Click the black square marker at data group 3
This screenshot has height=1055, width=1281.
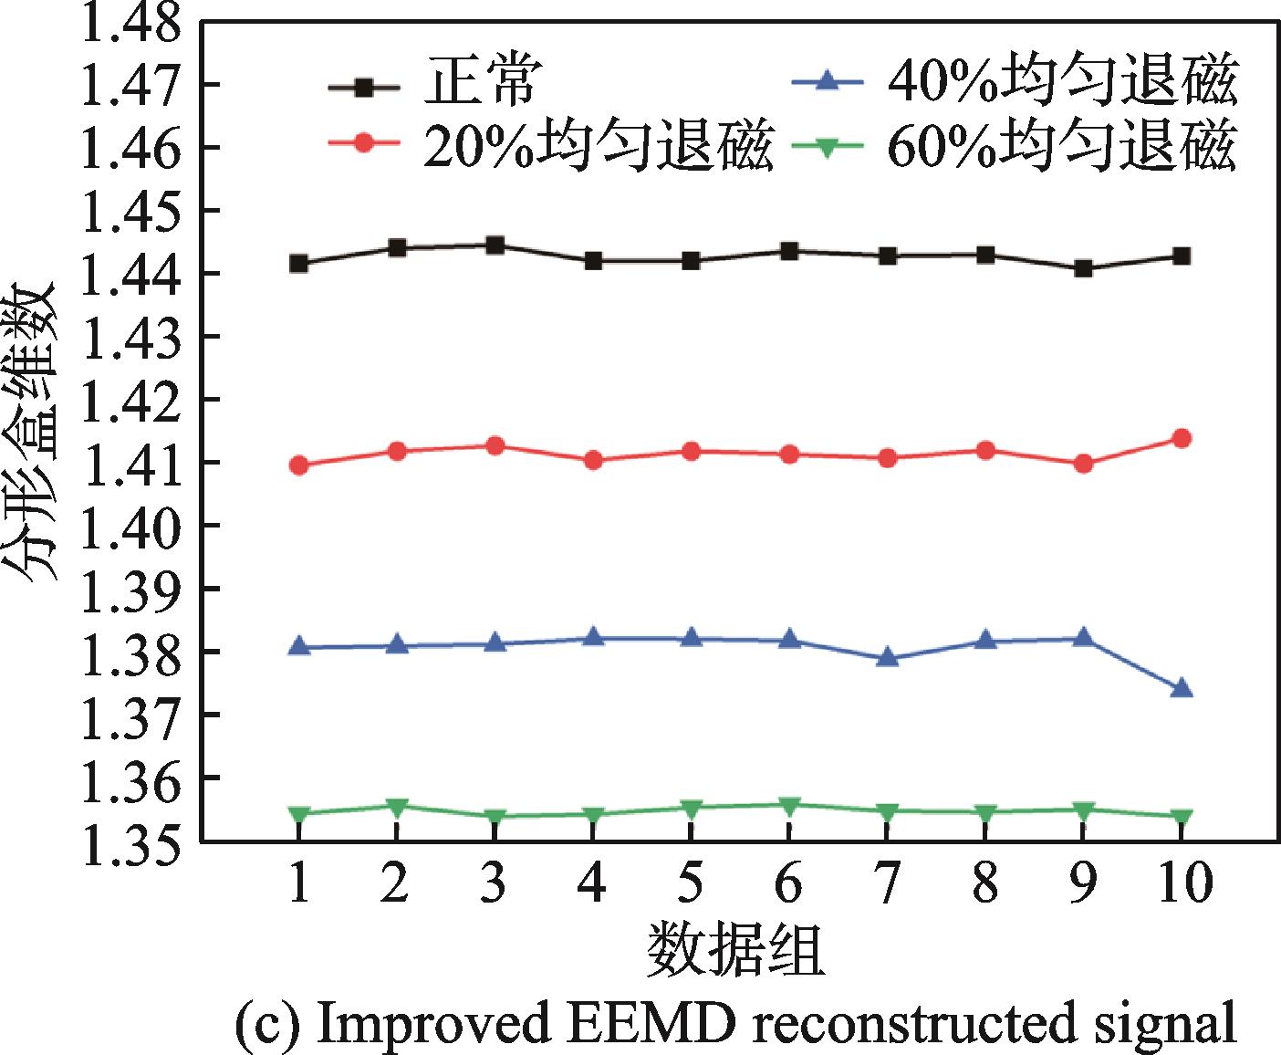(x=495, y=245)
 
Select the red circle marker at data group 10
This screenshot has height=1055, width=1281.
(x=1182, y=438)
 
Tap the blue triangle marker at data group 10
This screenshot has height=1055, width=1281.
(x=1182, y=688)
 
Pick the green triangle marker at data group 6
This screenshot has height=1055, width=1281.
(x=789, y=805)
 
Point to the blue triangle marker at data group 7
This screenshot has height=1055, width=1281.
(x=887, y=657)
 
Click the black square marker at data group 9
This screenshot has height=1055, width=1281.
(x=1083, y=268)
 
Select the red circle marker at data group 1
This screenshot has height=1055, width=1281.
(x=298, y=465)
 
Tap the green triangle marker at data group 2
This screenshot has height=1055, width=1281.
(x=396, y=807)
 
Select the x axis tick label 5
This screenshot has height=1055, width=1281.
(x=691, y=883)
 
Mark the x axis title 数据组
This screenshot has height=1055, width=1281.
(x=735, y=951)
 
